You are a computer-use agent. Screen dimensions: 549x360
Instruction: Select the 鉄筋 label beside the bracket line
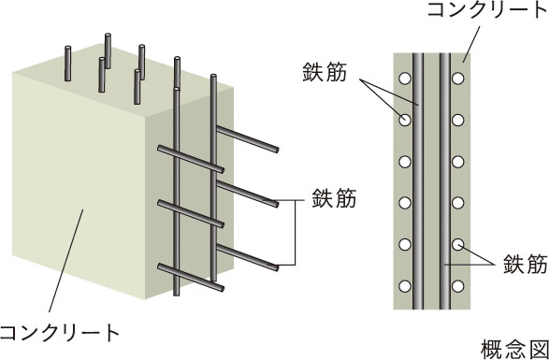click(x=334, y=198)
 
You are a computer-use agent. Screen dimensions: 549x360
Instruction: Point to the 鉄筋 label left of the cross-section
click(x=325, y=73)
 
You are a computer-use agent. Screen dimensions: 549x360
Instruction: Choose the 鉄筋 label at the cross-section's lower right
click(x=526, y=264)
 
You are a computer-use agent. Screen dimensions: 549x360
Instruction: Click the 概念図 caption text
click(x=514, y=349)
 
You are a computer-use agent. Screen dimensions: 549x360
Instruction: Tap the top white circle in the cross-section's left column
click(x=405, y=79)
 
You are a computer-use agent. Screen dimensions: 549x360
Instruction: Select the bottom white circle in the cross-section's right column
click(x=457, y=286)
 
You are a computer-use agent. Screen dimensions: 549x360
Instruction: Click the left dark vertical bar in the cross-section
click(x=418, y=181)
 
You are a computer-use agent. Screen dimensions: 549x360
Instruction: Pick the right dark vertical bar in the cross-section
click(x=444, y=181)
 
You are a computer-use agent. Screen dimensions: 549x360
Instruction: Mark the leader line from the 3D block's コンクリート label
click(x=65, y=261)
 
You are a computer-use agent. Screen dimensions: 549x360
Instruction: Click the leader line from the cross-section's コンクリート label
click(x=472, y=41)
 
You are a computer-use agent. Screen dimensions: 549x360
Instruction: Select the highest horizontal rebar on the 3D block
click(x=248, y=139)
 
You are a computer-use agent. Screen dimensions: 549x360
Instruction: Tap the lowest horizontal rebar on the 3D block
click(x=191, y=278)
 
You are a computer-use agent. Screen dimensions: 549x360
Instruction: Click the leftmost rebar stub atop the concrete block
click(x=67, y=64)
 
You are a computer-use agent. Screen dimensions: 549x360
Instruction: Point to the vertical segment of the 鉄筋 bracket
click(x=296, y=233)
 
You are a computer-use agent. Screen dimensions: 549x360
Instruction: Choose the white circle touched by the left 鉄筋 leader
click(x=405, y=120)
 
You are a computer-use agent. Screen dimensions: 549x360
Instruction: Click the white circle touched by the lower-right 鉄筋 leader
click(x=457, y=244)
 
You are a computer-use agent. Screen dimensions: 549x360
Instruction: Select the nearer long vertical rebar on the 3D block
click(x=177, y=192)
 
